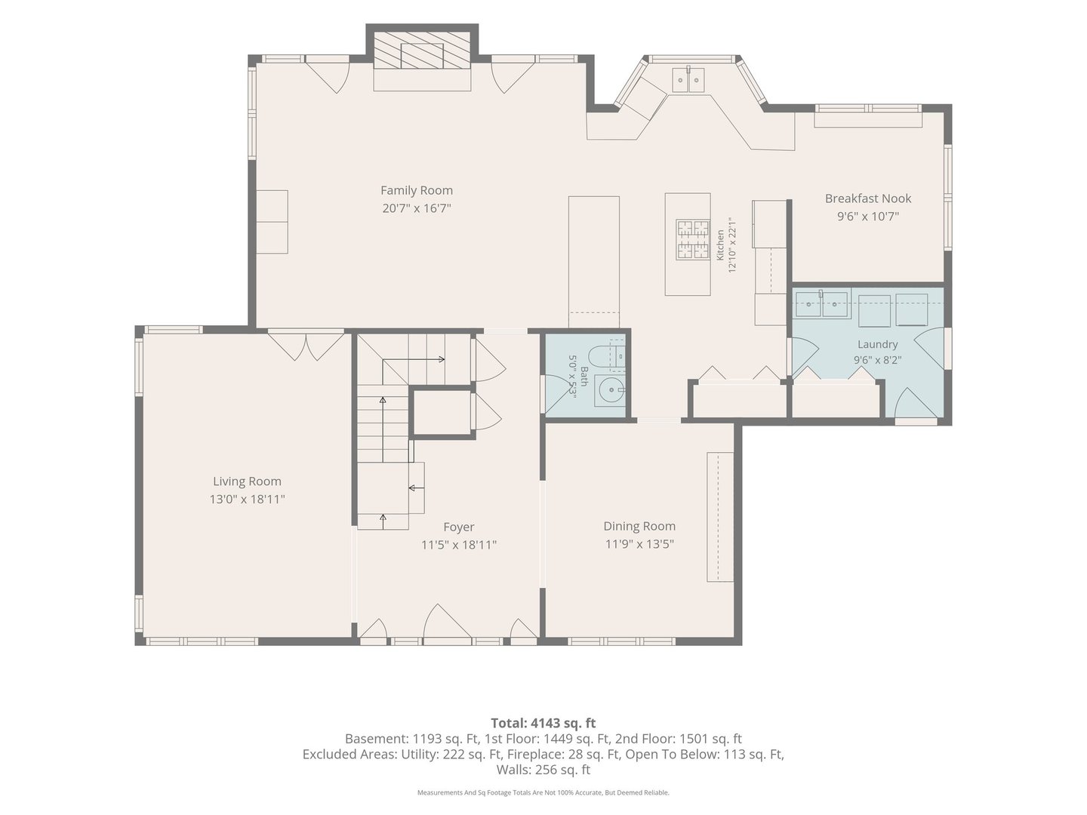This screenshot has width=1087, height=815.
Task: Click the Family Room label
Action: click(417, 190)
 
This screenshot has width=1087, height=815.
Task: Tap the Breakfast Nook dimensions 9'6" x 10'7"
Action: click(867, 217)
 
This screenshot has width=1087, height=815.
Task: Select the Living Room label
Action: click(247, 481)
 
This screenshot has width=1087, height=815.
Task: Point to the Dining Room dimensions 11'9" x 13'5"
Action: click(639, 544)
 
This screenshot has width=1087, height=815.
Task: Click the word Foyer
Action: click(458, 527)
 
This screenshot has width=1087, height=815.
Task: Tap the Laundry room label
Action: click(877, 344)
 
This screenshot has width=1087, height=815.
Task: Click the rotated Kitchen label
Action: click(720, 244)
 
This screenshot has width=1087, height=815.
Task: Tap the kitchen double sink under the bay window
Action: click(688, 80)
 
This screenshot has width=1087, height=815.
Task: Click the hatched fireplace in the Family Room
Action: click(422, 51)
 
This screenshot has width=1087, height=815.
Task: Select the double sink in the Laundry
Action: click(821, 305)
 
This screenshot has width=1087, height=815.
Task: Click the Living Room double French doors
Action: click(306, 346)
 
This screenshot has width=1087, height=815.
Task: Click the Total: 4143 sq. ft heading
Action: click(543, 723)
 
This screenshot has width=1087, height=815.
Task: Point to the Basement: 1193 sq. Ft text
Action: click(412, 739)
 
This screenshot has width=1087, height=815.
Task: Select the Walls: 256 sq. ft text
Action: click(543, 770)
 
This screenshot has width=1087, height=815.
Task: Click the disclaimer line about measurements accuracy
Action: click(543, 792)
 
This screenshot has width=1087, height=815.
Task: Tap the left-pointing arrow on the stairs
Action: click(417, 488)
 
